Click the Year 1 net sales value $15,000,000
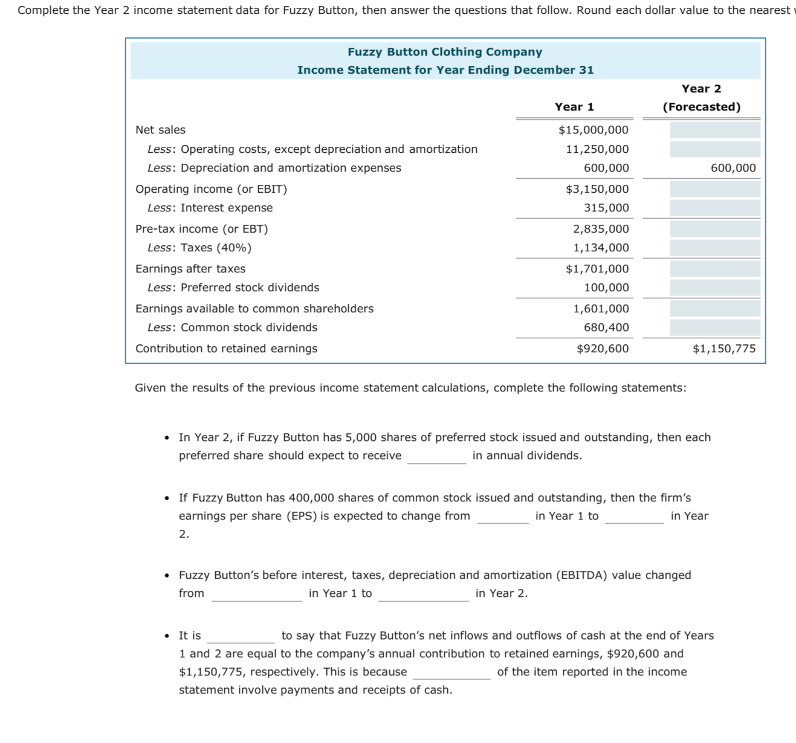(593, 130)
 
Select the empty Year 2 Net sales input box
(714, 130)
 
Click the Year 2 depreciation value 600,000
(733, 168)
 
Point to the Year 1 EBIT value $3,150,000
(597, 189)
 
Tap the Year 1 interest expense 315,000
(606, 208)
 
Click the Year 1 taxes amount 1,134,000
(601, 248)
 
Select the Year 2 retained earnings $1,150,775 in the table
(723, 349)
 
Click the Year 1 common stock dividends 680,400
(606, 327)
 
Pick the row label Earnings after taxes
(190, 269)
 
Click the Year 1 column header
(574, 107)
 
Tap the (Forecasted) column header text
(701, 107)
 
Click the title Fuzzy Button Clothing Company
(445, 52)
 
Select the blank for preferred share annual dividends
(436, 457)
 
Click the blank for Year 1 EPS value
(502, 517)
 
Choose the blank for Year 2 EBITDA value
(423, 594)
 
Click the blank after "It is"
(241, 637)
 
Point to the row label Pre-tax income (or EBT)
(202, 229)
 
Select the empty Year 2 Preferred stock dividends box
(714, 288)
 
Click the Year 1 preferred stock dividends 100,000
(606, 288)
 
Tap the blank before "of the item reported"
(451, 673)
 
